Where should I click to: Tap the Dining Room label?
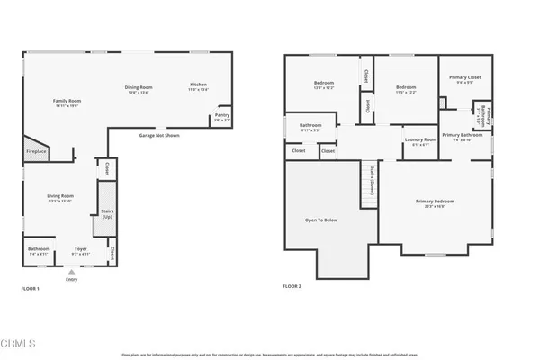(138, 87)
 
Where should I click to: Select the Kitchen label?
(198, 86)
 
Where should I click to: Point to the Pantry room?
(221, 117)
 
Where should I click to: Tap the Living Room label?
(60, 197)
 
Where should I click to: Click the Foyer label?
(81, 251)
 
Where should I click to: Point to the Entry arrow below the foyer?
(72, 270)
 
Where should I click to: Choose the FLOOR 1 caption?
(31, 288)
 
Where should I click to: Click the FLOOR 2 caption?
(292, 286)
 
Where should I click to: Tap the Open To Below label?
(320, 219)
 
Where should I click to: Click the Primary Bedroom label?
(435, 202)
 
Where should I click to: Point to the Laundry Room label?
(420, 140)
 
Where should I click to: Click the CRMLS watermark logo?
(19, 343)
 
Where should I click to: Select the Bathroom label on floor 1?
(39, 250)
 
